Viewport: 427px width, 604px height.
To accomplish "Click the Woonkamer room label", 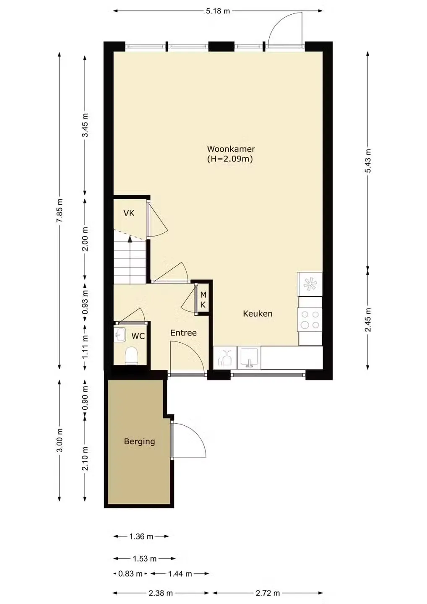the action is [231, 149].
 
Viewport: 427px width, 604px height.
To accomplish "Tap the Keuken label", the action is [258, 314].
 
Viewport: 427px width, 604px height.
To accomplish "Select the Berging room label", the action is [139, 442].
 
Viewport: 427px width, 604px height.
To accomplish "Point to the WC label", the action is [138, 336].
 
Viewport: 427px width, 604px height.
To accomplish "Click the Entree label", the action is [184, 333].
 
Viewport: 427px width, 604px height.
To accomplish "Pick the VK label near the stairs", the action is [129, 213].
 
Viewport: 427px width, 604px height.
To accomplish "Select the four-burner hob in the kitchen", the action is [310, 320].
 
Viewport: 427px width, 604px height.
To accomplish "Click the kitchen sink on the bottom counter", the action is [249, 358].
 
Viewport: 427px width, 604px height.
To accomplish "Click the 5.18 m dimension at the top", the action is [218, 11].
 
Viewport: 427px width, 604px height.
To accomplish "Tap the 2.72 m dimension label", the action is [267, 593].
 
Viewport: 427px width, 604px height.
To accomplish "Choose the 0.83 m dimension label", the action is [130, 574].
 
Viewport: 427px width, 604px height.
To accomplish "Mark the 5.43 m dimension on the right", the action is [368, 160].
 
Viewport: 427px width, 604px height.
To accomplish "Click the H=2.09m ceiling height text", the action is [230, 159].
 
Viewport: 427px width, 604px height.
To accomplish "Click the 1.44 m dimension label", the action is [180, 574].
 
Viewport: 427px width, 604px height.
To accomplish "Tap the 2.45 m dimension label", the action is [368, 320].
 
